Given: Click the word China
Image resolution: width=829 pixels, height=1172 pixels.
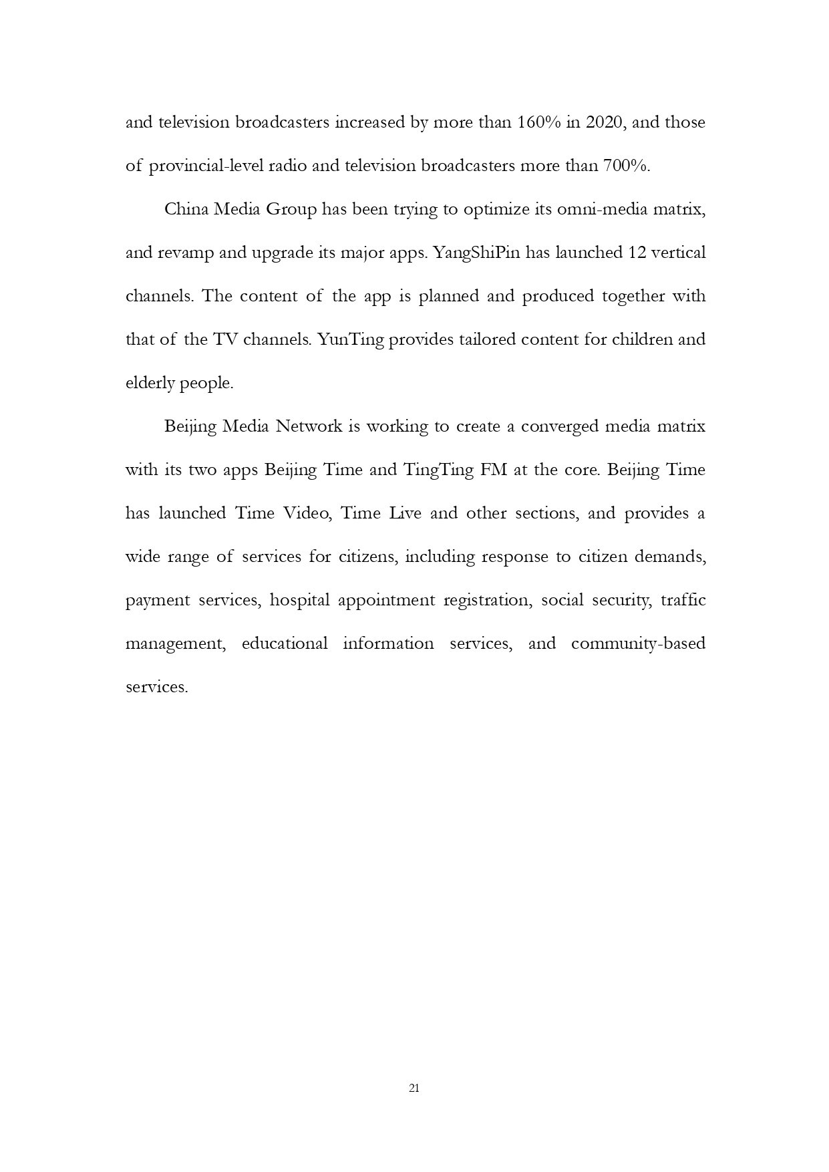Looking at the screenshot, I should click(186, 210).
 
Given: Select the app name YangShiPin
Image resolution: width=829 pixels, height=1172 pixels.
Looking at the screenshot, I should click(477, 253).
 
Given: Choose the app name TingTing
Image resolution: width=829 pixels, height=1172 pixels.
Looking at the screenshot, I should click(438, 470).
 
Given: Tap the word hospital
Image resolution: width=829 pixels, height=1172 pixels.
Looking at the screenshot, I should click(299, 600).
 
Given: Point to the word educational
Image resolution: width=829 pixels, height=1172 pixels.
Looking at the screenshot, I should click(285, 643).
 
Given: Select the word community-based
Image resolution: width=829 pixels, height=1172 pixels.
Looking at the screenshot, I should click(638, 643).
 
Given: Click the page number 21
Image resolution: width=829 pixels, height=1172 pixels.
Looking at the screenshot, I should click(413, 1088).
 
